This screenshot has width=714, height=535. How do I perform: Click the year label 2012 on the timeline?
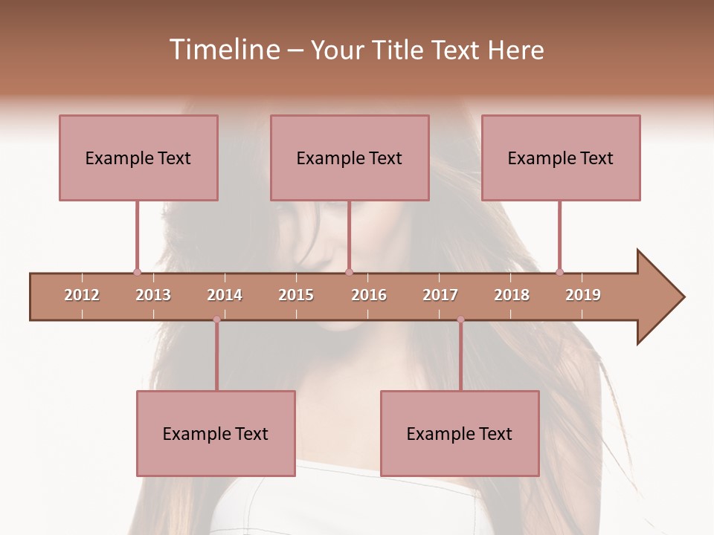click(82, 295)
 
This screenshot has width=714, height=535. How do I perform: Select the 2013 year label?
click(153, 295)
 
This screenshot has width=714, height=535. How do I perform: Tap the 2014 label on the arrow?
click(225, 295)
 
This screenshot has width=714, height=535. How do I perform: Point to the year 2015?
click(296, 295)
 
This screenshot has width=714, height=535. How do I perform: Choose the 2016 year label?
click(369, 295)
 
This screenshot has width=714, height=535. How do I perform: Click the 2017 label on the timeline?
click(440, 295)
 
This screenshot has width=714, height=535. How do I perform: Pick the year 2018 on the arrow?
click(512, 295)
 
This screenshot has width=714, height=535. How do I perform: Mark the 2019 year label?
click(583, 295)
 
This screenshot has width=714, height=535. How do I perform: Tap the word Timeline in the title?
click(222, 50)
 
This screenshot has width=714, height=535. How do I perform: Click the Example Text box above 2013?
click(138, 158)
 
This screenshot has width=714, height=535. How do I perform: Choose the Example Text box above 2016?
click(350, 158)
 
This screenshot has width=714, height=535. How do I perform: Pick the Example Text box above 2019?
click(561, 158)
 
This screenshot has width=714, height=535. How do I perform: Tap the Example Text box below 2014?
click(216, 433)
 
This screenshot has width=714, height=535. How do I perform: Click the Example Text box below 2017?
click(460, 433)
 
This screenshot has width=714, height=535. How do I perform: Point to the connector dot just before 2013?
click(137, 272)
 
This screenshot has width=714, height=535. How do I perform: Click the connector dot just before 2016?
click(349, 272)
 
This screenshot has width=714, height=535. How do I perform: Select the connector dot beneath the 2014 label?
click(216, 320)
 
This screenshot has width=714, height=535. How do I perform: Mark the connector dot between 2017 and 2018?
click(460, 320)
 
